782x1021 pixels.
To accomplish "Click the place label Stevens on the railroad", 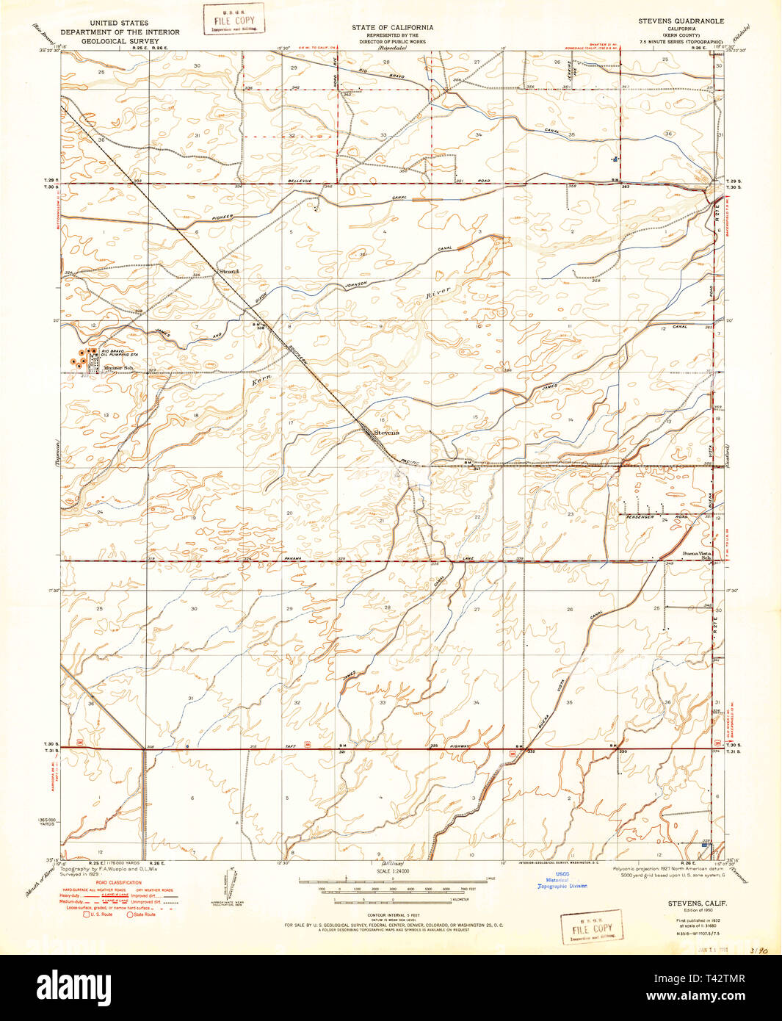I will coord(386,433).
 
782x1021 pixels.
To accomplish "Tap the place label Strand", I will coord(229,272).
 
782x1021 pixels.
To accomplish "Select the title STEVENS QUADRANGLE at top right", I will coord(681,22).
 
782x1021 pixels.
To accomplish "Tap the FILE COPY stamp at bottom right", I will coord(592,928).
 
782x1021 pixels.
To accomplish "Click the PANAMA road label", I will coord(294,559).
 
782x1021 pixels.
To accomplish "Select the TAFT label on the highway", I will coord(292,746).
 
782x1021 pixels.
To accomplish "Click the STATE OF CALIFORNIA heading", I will coord(392,27).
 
